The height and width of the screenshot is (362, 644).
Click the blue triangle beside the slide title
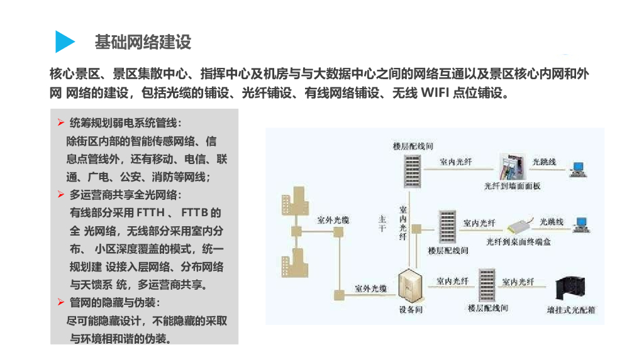[x=64, y=41]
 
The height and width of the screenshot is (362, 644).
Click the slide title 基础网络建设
[x=142, y=42]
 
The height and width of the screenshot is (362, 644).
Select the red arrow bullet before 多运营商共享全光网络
[x=61, y=194]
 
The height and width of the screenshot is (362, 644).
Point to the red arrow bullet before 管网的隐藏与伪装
[x=61, y=302]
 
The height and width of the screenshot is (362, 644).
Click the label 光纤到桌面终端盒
[x=518, y=241]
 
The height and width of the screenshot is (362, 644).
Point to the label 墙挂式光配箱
[x=571, y=309]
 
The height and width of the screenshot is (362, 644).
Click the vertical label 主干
[x=382, y=223]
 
